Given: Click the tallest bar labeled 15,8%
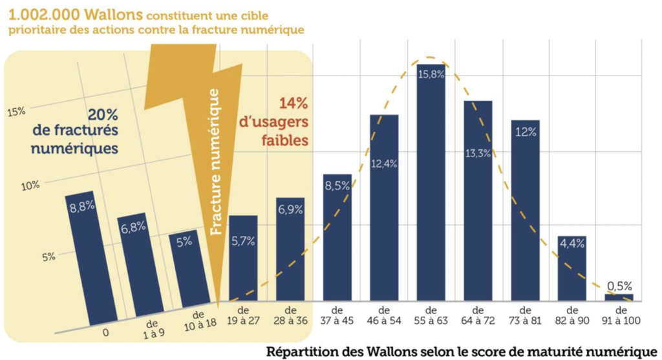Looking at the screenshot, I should [x=430, y=181].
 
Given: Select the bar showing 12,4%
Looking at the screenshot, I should [x=383, y=207].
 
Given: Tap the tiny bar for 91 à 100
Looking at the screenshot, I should [x=619, y=297].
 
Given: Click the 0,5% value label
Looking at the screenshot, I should [x=619, y=284].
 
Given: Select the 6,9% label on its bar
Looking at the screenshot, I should [x=290, y=209].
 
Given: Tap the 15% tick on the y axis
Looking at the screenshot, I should [x=16, y=112].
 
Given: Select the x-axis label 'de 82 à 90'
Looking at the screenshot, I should [x=571, y=315].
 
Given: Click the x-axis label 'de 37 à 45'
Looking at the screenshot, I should [x=336, y=315].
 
